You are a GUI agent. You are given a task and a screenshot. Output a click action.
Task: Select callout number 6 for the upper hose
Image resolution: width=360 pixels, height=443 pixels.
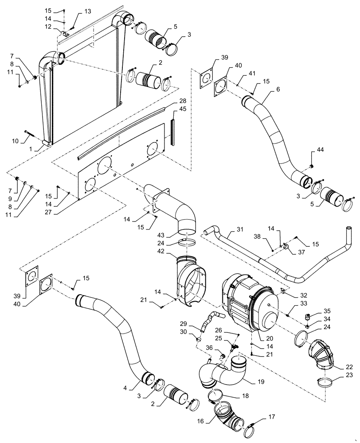pos(278,89)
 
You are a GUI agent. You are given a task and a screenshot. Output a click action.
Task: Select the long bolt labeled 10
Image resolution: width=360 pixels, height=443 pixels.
pos(33,132)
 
